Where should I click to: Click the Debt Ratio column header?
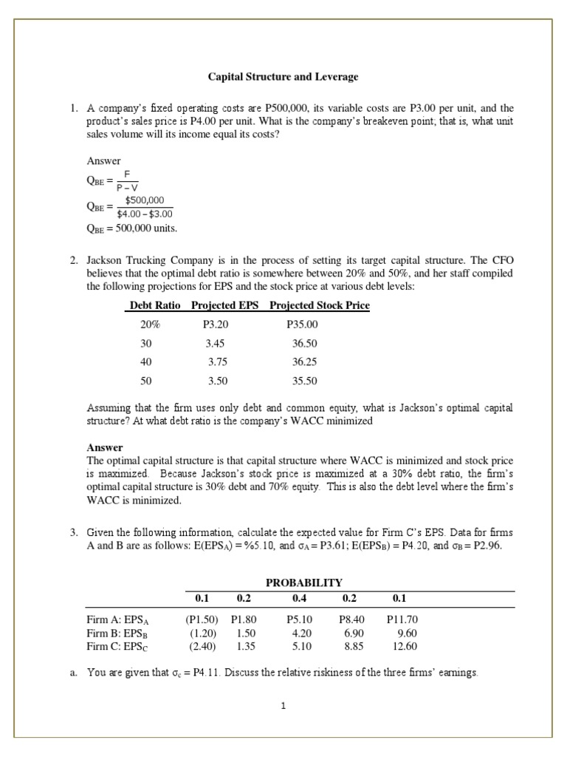coord(156,305)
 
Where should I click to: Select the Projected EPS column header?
coord(224,305)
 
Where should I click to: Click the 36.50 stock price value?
coord(305,344)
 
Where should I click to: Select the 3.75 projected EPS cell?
coord(219,362)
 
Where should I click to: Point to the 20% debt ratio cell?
coord(150,325)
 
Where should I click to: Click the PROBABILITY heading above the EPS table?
coord(303,583)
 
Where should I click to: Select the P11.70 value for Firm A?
coord(402,621)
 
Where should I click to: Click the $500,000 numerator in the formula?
coord(145,200)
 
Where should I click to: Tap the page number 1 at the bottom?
coord(283,705)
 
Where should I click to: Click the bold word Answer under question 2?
coord(105,447)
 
